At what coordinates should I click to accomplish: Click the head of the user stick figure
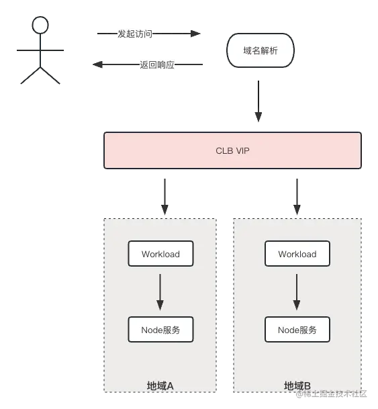(41, 26)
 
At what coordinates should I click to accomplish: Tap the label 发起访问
(135, 34)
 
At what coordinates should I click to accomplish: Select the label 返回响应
(157, 64)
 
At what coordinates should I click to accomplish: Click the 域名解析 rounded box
(260, 50)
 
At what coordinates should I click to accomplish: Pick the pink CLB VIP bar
(232, 150)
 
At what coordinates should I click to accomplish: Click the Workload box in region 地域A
(160, 254)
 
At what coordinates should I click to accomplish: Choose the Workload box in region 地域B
(297, 254)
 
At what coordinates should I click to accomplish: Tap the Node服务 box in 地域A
(160, 330)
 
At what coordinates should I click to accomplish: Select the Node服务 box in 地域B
(297, 330)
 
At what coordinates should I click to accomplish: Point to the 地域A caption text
(160, 385)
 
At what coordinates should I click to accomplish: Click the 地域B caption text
(297, 385)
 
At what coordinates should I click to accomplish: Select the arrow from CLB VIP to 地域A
(163, 195)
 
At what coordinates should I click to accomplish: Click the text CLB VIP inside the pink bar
(232, 150)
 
